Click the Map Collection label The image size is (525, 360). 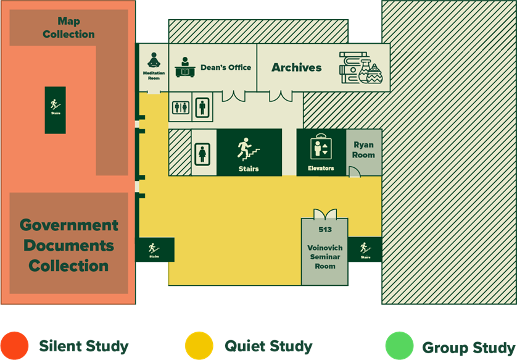pos(68,28)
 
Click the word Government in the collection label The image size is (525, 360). pos(68,225)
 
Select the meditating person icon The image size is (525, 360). pos(154,61)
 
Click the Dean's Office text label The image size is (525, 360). pos(226,67)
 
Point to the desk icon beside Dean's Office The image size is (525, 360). pos(185,67)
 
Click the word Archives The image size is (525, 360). pos(297,67)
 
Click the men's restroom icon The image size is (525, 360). pos(202,107)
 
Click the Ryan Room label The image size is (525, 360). pos(363,150)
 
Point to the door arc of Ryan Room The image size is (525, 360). pos(354,172)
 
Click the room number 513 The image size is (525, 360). pos(325,230)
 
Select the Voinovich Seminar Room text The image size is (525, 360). pos(325,257)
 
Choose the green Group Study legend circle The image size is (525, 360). pos(400,346)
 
